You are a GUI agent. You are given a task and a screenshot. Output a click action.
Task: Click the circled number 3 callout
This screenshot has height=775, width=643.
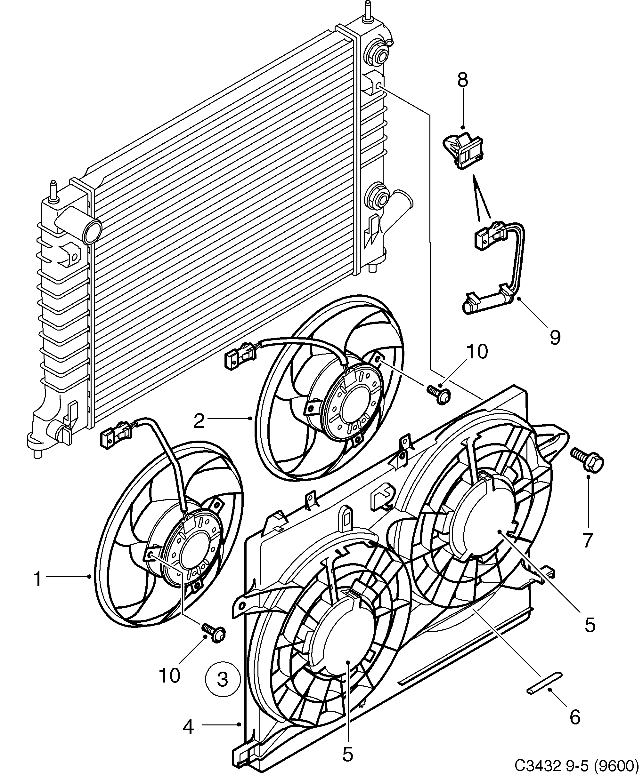pyautogui.click(x=222, y=679)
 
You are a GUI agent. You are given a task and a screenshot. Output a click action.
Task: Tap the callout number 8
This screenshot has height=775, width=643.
pyautogui.click(x=462, y=80)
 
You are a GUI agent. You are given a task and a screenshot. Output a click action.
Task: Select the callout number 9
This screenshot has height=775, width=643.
pyautogui.click(x=555, y=337)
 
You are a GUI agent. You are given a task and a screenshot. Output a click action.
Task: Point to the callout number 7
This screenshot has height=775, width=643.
pyautogui.click(x=587, y=540)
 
